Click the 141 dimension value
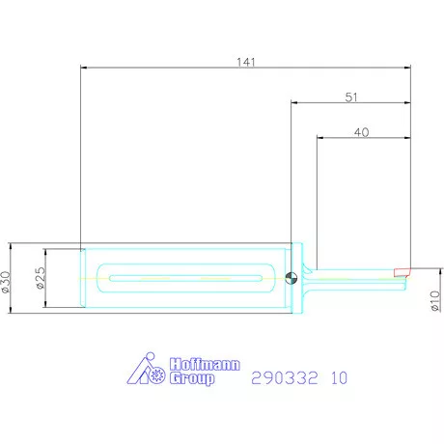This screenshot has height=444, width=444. click(246, 62)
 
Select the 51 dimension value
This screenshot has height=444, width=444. click(351, 97)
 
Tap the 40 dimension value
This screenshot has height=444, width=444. click(361, 132)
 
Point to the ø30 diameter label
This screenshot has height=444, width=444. click(6, 282)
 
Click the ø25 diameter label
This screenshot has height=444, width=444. click(41, 278)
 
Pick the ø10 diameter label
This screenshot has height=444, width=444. click(434, 301)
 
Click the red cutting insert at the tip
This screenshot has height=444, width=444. click(402, 272)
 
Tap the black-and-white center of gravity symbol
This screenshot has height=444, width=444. click(291, 278)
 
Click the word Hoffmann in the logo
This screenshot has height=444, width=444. click(205, 365)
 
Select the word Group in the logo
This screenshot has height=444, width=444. click(192, 378)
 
